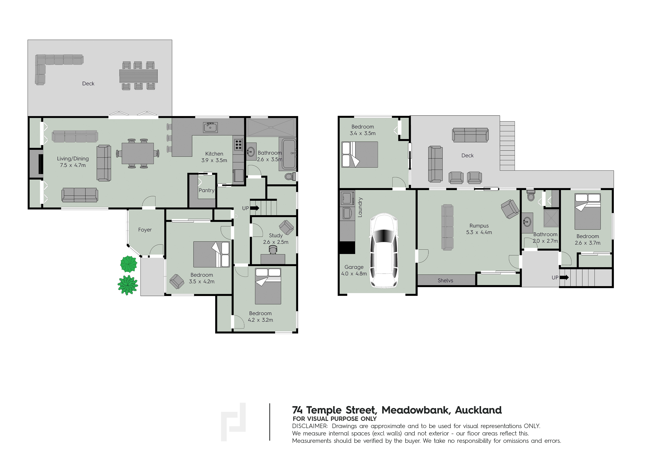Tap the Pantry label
click(207, 190)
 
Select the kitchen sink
click(210, 128)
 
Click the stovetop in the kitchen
click(238, 144)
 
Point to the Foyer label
click(145, 230)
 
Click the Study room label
click(276, 235)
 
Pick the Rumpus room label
click(479, 226)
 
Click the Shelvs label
click(445, 280)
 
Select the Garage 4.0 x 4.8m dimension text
click(354, 274)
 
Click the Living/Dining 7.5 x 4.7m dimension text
click(73, 165)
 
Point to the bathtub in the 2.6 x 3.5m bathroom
click(287, 154)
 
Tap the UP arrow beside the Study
click(255, 208)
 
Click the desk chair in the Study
click(273, 249)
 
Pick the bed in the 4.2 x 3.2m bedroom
click(268, 286)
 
